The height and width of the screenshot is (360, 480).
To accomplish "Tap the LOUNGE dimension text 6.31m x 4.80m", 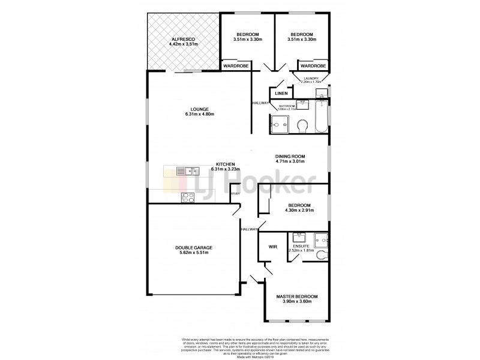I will pos(200,114).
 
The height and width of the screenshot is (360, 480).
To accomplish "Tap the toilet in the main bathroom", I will pos(303,126).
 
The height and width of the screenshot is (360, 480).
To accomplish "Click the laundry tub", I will pos(322,92).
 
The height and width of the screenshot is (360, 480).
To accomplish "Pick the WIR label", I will pos(272,245).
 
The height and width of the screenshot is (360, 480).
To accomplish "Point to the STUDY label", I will pos(236,194).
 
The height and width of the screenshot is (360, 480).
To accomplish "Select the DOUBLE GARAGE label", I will pos(194,248).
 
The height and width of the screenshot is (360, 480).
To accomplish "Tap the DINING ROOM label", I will pos(290,156).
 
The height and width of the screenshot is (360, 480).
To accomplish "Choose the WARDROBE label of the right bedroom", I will pos(313,65).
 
